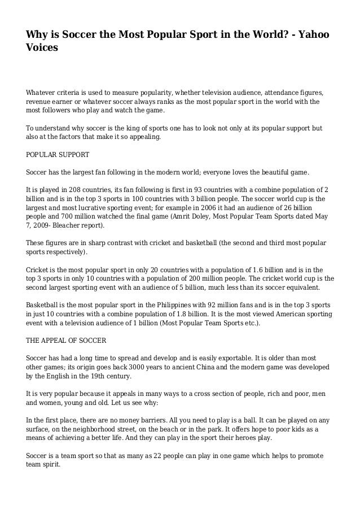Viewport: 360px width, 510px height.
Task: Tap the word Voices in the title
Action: tap(42, 49)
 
